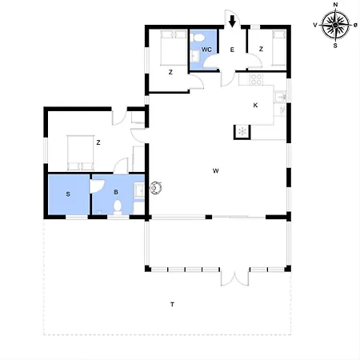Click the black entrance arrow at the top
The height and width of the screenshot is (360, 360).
[x=232, y=21]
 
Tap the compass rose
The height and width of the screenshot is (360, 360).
[x=335, y=25]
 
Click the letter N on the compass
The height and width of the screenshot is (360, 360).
[x=335, y=5]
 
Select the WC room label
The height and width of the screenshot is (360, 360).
[x=206, y=50]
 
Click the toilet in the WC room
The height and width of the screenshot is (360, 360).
[x=198, y=38]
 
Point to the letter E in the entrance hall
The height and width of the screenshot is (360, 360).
[x=232, y=50]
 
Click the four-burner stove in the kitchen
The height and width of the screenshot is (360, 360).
[x=256, y=79]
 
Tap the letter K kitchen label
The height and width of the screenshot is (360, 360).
[x=255, y=106]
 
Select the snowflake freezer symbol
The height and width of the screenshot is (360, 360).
[x=242, y=131]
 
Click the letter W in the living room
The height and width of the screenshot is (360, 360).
[x=216, y=171]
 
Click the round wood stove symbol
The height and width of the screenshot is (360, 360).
[x=156, y=188]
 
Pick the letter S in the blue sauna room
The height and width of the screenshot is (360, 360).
[x=68, y=194]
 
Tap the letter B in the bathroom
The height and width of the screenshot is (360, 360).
[x=116, y=192]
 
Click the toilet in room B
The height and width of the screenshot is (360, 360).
[x=118, y=208]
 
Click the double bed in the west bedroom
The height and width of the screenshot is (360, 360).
[x=80, y=153]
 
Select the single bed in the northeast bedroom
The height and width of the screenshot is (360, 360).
[x=278, y=48]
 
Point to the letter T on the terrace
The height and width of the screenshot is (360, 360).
[x=173, y=304]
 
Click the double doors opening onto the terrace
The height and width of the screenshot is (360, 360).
[x=234, y=278]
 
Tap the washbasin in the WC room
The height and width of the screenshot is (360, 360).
[x=195, y=56]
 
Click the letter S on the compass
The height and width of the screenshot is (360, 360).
[x=335, y=46]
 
